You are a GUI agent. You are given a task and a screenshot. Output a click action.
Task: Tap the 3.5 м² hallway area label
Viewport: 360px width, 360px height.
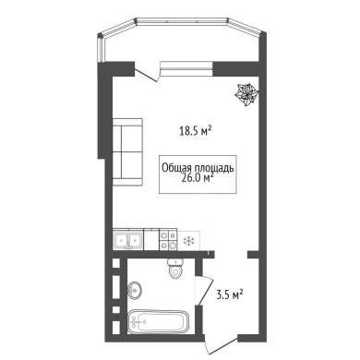click(230, 295)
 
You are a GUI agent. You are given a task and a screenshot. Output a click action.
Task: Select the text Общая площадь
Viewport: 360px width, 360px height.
click(198, 168)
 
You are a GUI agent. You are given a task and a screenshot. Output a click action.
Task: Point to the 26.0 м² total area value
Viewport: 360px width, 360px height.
click(198, 178)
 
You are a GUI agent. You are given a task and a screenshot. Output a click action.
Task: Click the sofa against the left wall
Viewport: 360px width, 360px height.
click(127, 151)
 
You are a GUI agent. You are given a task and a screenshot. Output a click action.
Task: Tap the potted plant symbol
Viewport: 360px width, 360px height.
click(247, 94)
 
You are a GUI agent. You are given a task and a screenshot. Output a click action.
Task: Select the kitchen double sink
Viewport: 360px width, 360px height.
click(127, 240)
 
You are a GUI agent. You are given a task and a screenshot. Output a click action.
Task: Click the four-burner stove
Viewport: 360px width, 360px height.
click(168, 240)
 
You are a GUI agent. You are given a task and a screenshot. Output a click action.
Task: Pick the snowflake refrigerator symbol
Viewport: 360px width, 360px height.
click(188, 241)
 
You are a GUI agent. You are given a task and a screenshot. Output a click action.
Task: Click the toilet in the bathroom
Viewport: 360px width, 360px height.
click(175, 269)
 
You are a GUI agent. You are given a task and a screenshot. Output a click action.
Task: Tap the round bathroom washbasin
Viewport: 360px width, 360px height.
click(135, 290)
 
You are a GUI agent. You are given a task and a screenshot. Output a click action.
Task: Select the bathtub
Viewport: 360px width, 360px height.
click(159, 322)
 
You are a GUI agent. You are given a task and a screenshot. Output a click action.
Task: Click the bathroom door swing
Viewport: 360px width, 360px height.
click(205, 291)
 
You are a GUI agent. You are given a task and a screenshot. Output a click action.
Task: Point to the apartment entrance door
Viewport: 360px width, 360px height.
click(221, 345)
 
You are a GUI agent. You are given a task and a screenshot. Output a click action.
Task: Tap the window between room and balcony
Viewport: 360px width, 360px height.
click(186, 67)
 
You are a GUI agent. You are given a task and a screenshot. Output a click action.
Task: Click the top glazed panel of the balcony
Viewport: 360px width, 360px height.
click(182, 21)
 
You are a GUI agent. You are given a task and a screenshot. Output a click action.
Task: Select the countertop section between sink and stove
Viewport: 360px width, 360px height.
click(151, 240)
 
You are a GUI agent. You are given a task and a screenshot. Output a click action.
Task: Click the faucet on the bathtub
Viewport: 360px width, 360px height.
click(135, 322)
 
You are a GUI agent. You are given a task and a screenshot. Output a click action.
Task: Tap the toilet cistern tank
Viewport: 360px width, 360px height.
click(175, 262)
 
